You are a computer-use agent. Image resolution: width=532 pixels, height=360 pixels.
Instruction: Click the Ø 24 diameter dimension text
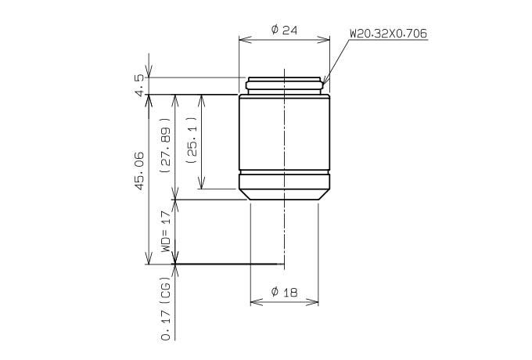284,30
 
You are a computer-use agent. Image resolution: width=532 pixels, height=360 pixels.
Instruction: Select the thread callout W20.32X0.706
389,34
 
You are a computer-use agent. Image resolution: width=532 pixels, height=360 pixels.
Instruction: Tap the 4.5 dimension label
139,85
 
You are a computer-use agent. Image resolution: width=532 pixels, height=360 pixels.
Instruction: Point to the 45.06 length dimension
139,171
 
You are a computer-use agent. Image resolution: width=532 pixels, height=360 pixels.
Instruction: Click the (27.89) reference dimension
165,146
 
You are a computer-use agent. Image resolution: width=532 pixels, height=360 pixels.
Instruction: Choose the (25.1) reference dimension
192,140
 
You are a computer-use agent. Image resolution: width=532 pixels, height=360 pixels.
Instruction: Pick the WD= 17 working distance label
165,232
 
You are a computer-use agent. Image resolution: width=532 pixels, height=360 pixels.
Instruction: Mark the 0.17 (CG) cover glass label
166,311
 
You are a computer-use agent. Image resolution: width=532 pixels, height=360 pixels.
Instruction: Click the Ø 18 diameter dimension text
284,292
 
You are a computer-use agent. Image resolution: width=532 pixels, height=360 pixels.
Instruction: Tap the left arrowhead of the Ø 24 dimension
245,39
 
